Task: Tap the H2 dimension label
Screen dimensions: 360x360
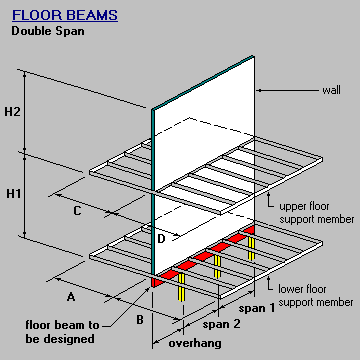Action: (x=13, y=111)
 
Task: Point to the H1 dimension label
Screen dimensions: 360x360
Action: (x=13, y=193)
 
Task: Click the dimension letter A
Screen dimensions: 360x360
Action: (x=70, y=297)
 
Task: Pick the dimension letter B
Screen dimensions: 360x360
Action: (x=140, y=319)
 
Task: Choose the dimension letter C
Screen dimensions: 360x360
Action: (x=76, y=210)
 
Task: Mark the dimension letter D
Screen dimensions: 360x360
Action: (x=161, y=239)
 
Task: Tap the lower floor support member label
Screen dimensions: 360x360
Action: (x=314, y=296)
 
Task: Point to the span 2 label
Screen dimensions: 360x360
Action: (x=221, y=325)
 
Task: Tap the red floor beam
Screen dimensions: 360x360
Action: (x=200, y=259)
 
